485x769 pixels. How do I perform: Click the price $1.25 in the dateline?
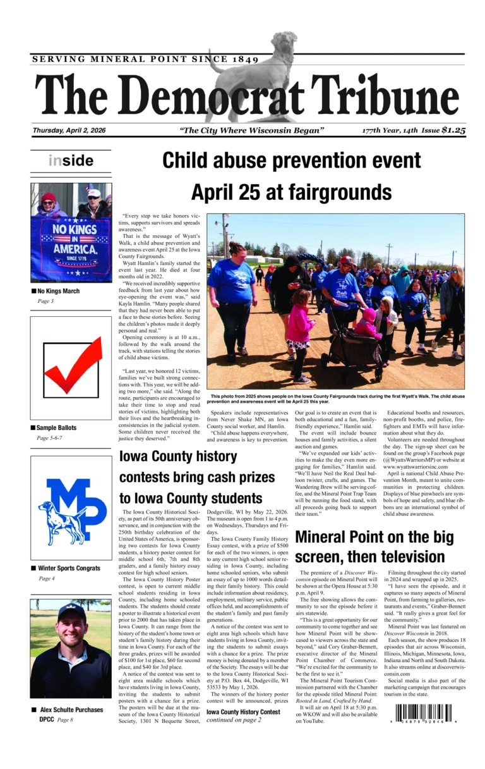click(x=453, y=131)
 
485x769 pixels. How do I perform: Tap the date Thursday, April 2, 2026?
click(x=69, y=131)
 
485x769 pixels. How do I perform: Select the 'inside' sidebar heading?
click(x=70, y=161)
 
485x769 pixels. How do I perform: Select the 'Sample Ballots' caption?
click(x=57, y=428)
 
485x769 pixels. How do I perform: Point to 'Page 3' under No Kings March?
click(x=45, y=301)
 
